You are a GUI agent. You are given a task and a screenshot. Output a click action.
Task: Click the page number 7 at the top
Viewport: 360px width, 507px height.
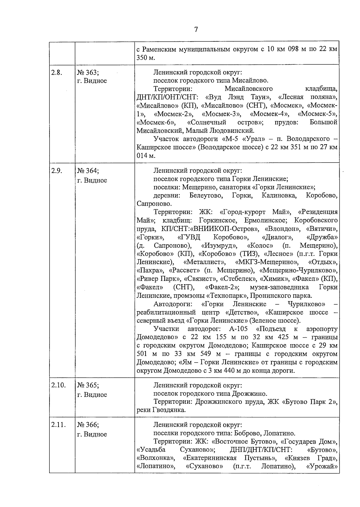(x=196, y=29)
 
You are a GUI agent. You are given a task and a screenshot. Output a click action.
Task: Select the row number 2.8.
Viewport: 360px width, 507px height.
(x=56, y=73)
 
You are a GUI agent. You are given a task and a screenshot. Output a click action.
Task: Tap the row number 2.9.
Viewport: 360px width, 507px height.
(x=56, y=171)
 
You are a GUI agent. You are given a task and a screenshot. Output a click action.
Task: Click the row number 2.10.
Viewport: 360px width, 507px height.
(x=58, y=385)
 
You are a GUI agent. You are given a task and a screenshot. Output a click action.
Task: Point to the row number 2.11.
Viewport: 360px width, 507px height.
(x=58, y=425)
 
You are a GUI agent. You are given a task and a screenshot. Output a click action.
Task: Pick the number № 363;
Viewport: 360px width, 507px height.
(x=88, y=73)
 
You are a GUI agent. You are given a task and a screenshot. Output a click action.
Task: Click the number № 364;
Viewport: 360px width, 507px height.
(x=88, y=171)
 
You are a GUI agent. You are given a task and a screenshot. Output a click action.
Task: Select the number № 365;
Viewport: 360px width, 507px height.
(x=88, y=385)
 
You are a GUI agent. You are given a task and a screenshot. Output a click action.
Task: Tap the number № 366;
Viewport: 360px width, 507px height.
(x=88, y=425)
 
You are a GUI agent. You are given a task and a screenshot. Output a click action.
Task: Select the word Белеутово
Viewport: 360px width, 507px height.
(x=206, y=196)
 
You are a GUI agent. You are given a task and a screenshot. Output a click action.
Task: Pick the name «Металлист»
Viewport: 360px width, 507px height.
(x=204, y=262)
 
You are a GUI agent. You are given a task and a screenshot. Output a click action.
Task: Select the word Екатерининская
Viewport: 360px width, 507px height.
(x=209, y=458)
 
